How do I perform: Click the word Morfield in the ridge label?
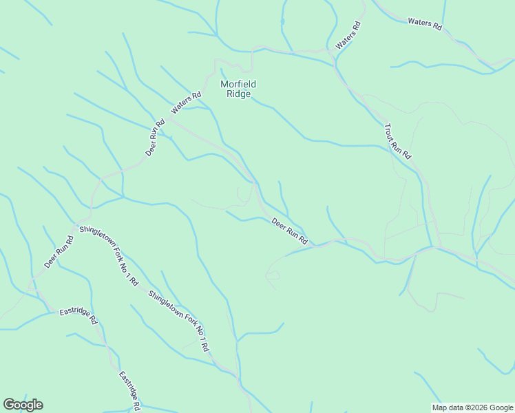tap(238, 84)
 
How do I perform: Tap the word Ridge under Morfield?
tap(238, 94)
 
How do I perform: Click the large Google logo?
tap(23, 405)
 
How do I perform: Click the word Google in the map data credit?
tap(502, 407)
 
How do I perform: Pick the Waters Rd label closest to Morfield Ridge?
tap(186, 103)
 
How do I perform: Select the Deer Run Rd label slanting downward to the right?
tap(289, 232)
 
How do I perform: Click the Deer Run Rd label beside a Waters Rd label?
tap(156, 138)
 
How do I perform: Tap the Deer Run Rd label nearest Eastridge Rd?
tap(59, 252)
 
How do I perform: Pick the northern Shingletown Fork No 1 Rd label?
tap(109, 255)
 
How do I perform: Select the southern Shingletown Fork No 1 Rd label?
tap(178, 321)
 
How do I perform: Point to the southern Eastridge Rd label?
tap(130, 390)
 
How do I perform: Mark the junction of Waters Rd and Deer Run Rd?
tap(170, 121)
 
